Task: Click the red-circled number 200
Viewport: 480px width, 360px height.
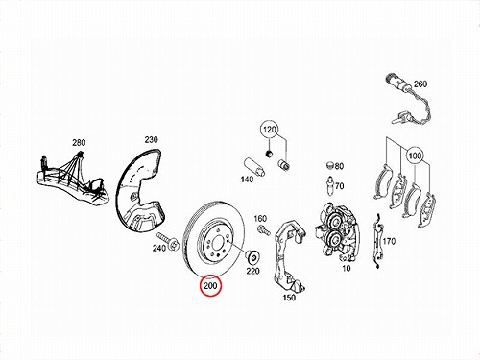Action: [210, 285]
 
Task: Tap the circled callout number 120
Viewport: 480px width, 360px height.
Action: [270, 130]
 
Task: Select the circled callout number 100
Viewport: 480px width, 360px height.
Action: [415, 156]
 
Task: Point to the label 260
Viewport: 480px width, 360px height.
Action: [420, 84]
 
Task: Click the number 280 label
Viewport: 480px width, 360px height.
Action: [79, 142]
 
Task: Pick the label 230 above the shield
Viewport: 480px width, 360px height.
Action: [151, 140]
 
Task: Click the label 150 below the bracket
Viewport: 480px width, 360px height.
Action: [289, 298]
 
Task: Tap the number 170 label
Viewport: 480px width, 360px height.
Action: [389, 241]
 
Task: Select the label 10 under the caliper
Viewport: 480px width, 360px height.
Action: [347, 268]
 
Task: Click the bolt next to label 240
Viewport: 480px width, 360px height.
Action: [167, 242]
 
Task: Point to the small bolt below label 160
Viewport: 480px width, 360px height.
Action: [262, 229]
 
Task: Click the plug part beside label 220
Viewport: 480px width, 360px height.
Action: [252, 256]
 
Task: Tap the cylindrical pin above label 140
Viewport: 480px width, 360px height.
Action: [254, 167]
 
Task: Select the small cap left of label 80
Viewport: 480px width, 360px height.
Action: [330, 165]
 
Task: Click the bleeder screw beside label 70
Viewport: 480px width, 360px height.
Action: [329, 185]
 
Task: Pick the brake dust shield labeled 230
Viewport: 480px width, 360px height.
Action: [140, 189]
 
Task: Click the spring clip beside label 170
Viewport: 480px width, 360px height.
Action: [377, 241]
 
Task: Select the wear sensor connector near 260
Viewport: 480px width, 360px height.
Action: [397, 82]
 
